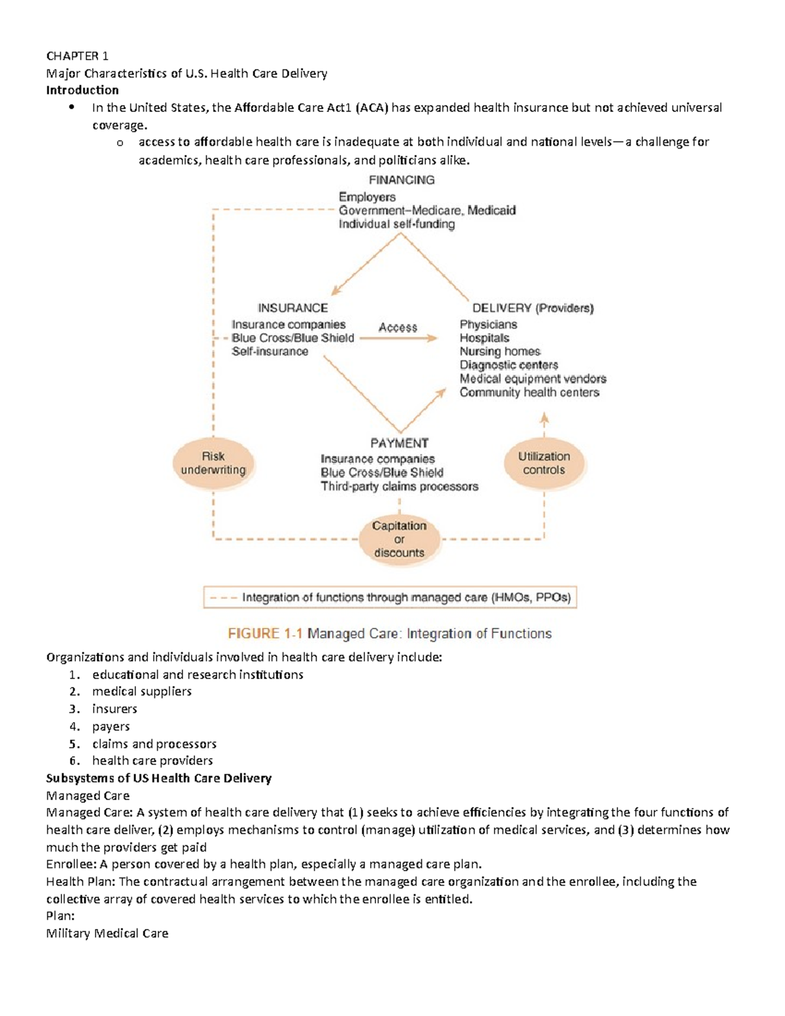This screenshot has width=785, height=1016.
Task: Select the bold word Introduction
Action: tap(82, 90)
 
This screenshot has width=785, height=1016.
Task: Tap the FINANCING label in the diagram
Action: tap(402, 180)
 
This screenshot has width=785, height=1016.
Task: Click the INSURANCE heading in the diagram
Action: tap(292, 308)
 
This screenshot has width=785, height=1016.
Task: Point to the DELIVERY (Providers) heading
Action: tap(532, 308)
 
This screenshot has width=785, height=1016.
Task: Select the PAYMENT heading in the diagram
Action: tap(399, 443)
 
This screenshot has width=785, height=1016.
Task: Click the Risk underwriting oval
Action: tap(213, 463)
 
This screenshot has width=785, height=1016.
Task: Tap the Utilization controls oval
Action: tap(544, 463)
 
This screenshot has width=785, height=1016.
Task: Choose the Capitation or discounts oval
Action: tap(399, 539)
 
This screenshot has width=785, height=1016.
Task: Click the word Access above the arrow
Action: tap(398, 327)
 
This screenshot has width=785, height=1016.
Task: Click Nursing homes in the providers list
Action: tap(500, 351)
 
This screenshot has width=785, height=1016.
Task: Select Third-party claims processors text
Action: tap(399, 487)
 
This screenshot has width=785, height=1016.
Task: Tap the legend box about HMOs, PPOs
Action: tap(390, 597)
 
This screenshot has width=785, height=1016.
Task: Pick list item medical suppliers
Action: tap(142, 692)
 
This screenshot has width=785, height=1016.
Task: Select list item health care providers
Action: tap(152, 761)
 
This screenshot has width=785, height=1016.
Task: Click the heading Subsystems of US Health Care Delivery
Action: tap(158, 778)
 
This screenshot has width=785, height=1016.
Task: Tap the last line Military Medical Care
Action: tap(107, 934)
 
